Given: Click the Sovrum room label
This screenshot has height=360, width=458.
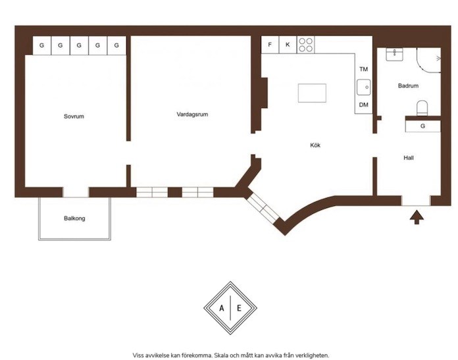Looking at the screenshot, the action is coord(74,116).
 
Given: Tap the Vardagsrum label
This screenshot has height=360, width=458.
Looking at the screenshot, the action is coord(192,115).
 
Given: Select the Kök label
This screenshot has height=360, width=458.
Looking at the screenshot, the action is coord(315,145).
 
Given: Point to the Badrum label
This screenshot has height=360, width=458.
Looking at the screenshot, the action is coord(408,86).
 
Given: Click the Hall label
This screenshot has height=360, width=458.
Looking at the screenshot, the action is coord(409,158).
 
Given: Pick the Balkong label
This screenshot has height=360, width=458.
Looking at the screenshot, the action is coord(74,219).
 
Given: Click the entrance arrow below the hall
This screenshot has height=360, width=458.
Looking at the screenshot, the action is coord(417,218).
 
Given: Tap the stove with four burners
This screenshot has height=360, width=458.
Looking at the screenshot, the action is coord(306,45).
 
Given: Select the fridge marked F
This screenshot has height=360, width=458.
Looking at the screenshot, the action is coord(270,45).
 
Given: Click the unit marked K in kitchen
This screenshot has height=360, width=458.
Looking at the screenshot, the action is coord(288,45).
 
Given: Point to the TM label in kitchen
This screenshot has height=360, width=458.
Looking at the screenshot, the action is coord(364,69).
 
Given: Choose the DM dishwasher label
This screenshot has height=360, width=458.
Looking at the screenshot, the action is coord(364,105).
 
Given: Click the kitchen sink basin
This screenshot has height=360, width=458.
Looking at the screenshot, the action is coord(364,87).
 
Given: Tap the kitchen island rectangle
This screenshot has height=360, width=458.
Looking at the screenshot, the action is coord(312,93).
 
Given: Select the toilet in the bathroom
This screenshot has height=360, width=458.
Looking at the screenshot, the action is coord(422,108).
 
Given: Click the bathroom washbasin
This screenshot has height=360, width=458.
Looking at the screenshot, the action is coord(394,55).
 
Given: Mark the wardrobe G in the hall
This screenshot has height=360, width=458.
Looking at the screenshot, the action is coord(422,126).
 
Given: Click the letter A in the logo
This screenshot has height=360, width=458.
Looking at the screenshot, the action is coord(222,308).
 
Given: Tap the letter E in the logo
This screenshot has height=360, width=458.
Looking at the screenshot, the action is coord(239,308).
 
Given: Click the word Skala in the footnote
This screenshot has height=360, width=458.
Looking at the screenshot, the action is coord(221,355).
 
